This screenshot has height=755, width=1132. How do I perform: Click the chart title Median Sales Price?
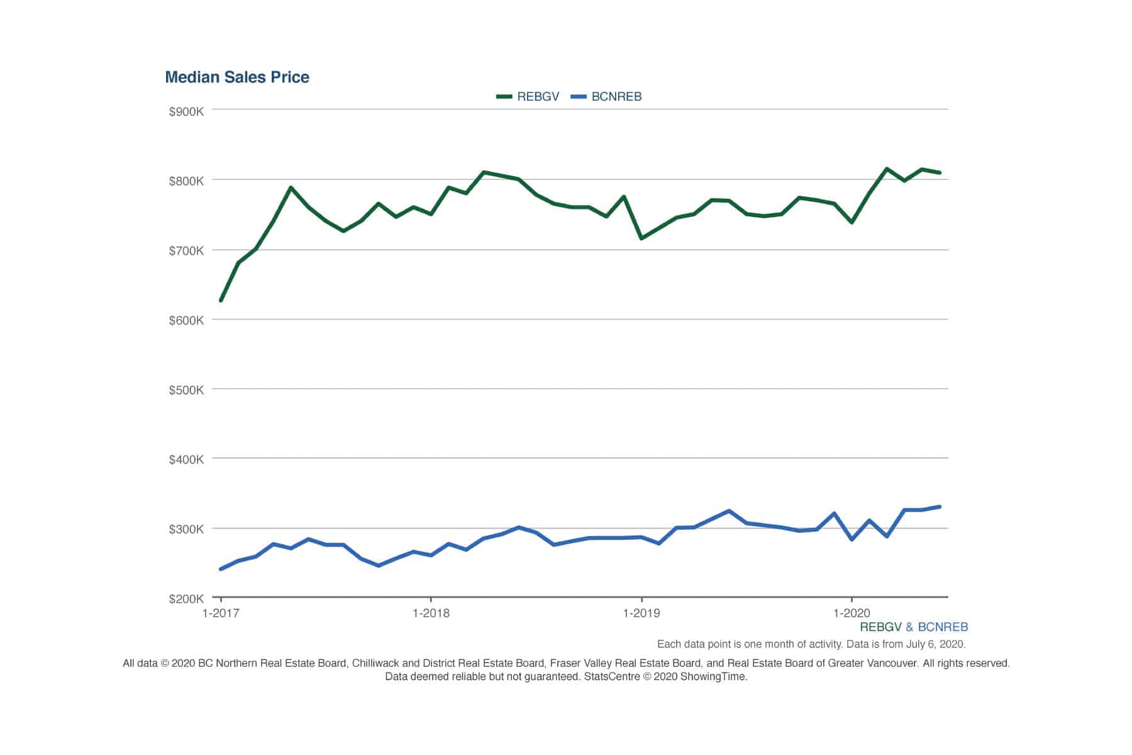tap(237, 77)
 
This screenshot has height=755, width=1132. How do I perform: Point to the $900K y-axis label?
tap(186, 112)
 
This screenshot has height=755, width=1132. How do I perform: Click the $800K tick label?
tap(186, 181)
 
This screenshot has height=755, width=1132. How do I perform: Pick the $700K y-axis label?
tap(186, 251)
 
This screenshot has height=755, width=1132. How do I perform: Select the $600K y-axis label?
tap(186, 320)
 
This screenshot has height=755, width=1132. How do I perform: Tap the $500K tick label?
tap(186, 390)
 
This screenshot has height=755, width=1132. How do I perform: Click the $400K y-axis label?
tap(186, 459)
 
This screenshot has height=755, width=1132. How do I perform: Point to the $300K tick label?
tap(186, 529)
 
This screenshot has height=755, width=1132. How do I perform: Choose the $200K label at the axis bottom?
tap(186, 598)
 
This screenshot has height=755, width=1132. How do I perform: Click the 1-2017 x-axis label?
tap(221, 613)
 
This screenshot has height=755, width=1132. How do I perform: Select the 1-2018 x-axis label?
tap(431, 613)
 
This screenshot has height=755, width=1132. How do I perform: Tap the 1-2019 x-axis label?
tap(641, 613)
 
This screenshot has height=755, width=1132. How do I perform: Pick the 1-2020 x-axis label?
tap(852, 613)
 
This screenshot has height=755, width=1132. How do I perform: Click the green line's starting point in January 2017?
tap(221, 301)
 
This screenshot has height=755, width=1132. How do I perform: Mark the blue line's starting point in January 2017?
tap(221, 569)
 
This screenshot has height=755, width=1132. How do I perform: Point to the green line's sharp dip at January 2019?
tap(641, 238)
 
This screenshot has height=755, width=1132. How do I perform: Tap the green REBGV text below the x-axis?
tap(880, 627)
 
